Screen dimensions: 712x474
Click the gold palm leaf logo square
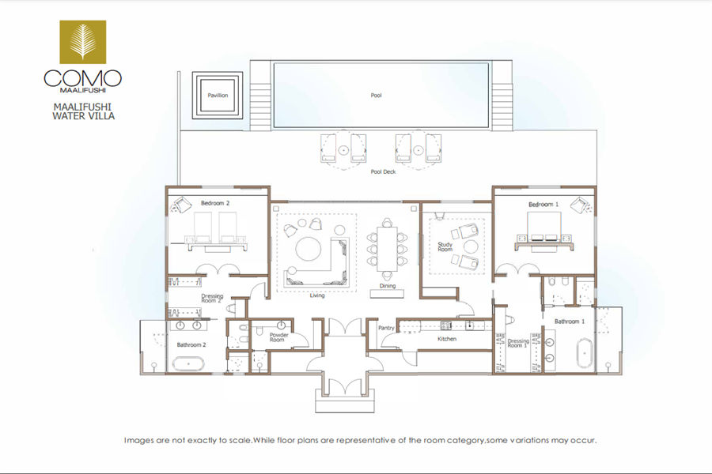pos(82,42)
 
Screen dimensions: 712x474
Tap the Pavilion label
pos(218,96)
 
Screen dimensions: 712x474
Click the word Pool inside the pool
pos(376,96)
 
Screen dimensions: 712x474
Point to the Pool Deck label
pos(383,172)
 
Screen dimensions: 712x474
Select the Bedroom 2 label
pos(215,203)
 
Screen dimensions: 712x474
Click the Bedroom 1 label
pos(543,205)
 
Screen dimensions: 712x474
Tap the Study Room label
pos(445,246)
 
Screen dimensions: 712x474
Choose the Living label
pos(317,295)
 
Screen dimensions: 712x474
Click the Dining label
pos(388,286)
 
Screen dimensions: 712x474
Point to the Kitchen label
pos(447,339)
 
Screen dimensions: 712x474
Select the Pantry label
pos(386,328)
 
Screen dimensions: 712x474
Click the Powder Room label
pos(278,337)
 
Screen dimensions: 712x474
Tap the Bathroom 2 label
pos(191,344)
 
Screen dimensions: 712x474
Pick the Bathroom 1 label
pos(570,322)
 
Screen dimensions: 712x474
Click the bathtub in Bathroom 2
pos(188,363)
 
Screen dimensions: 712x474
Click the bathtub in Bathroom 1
pos(585,353)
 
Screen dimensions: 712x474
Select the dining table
pos(387,249)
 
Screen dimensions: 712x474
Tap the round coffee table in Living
pos(309,249)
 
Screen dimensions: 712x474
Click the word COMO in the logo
pos(82,78)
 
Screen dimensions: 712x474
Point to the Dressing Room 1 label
pos(518,343)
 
